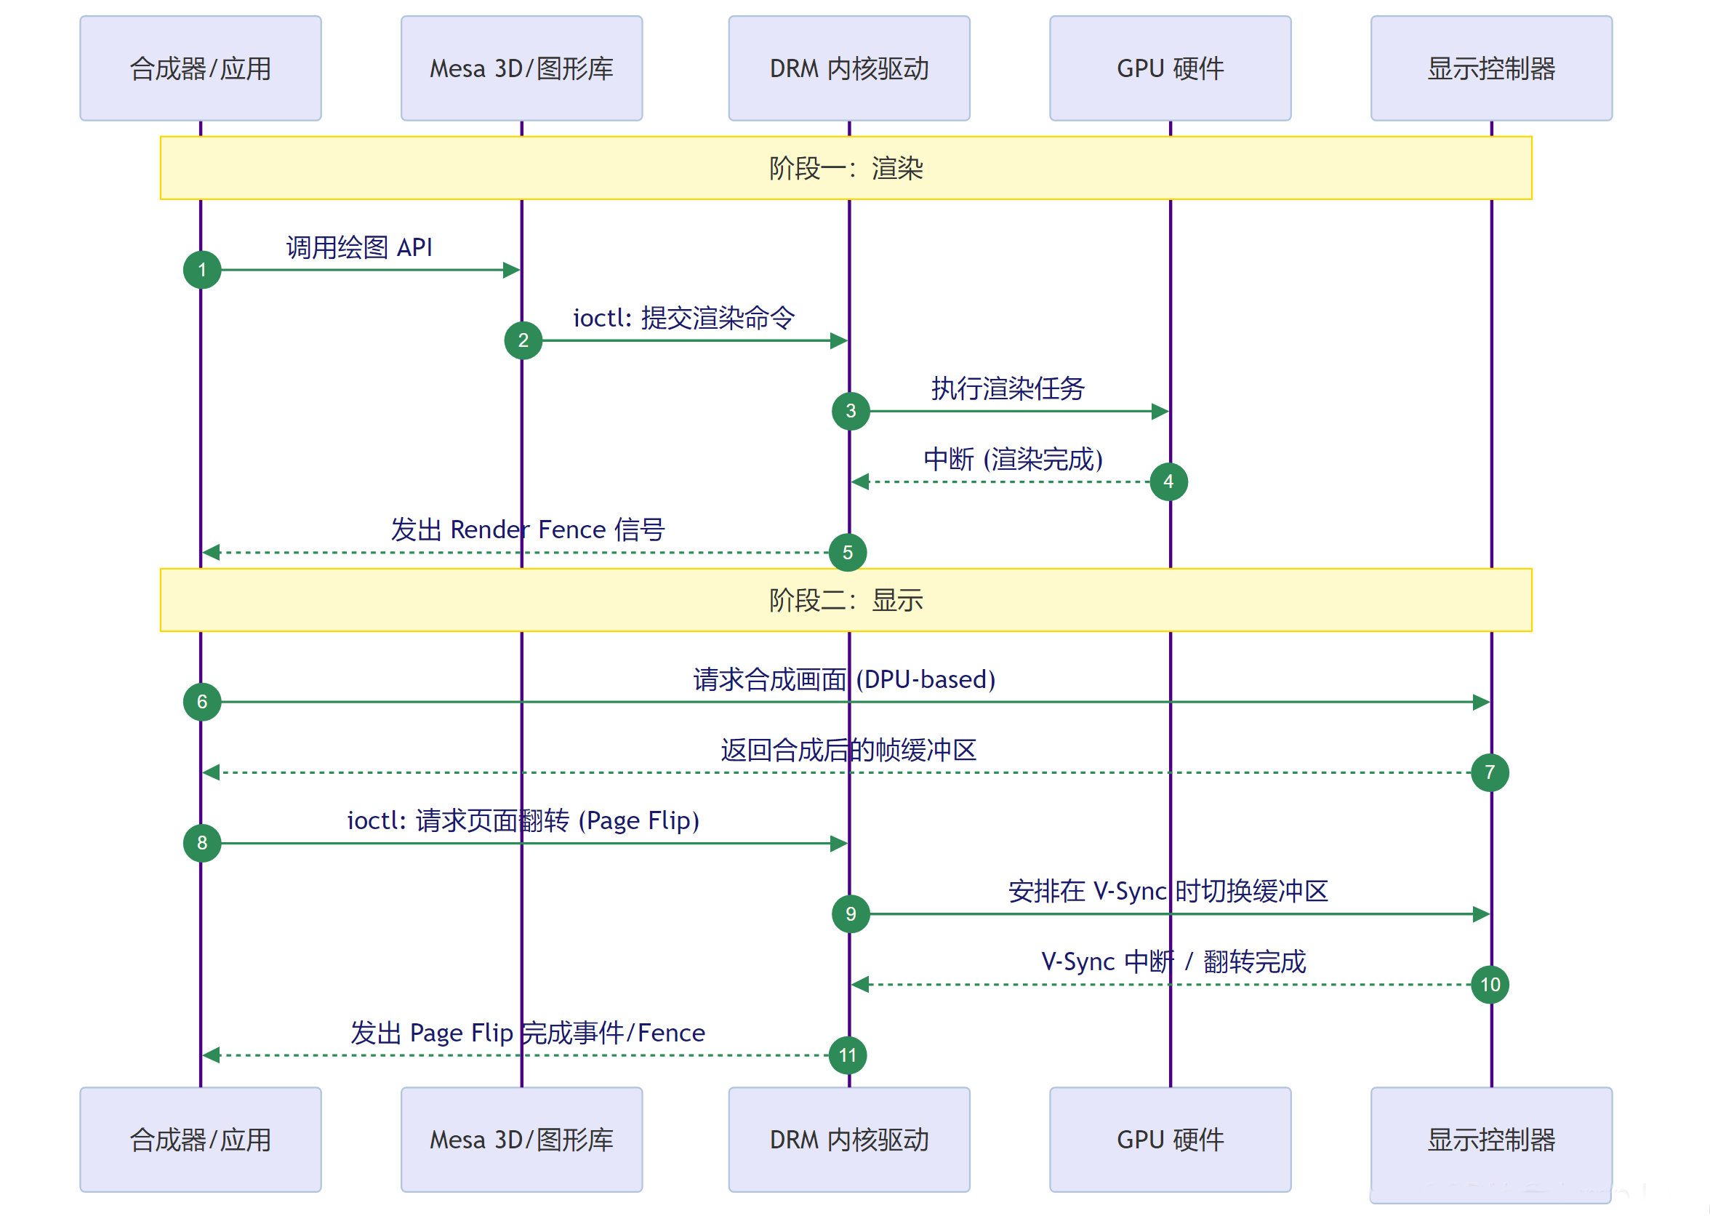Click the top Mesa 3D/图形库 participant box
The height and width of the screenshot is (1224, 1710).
coord(521,68)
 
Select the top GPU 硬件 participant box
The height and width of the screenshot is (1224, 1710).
coord(1170,68)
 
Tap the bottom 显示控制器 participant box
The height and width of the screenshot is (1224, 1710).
coord(1490,1140)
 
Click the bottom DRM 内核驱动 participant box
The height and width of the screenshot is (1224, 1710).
coord(849,1140)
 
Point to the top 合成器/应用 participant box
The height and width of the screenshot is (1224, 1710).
coord(201,68)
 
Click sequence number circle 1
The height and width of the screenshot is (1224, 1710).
coord(202,270)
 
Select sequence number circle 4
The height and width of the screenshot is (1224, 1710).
coord(1168,481)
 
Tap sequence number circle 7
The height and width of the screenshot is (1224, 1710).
coord(1489,772)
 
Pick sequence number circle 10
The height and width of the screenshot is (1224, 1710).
coord(1489,984)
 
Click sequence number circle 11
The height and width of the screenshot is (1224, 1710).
coord(848,1055)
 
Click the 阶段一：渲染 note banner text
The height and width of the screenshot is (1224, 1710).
coord(846,168)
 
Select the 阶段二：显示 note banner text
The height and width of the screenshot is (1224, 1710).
coord(846,600)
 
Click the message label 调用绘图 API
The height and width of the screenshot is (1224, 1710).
coord(359,247)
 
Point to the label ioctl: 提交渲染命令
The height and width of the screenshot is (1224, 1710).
coord(683,318)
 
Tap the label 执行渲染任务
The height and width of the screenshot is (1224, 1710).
coord(1008,388)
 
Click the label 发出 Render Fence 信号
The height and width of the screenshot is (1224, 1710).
coord(527,530)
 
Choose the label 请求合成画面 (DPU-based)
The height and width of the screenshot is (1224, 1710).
coord(844,679)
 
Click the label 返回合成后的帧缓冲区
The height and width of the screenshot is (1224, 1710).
coord(848,750)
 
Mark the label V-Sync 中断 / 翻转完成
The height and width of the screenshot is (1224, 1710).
coord(1173,961)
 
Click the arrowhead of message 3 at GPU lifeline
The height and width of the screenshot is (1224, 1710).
coord(1161,412)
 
